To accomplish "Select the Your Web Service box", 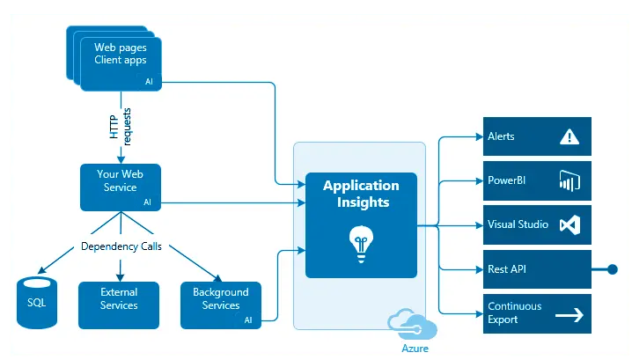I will (x=119, y=187).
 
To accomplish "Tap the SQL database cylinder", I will (x=37, y=304).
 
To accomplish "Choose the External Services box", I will (x=119, y=305).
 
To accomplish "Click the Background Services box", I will (x=220, y=305).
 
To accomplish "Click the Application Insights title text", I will (x=361, y=194).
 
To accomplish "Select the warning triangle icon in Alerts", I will (x=569, y=136).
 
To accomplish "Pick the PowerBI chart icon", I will (x=569, y=181).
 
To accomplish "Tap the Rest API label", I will (x=507, y=268).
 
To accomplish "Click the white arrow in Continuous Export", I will (x=569, y=313).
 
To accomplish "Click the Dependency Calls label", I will (x=121, y=246).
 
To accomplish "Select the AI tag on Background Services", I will (x=248, y=320).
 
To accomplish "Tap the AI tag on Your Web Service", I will (x=148, y=202).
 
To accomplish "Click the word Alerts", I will (x=501, y=136).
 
